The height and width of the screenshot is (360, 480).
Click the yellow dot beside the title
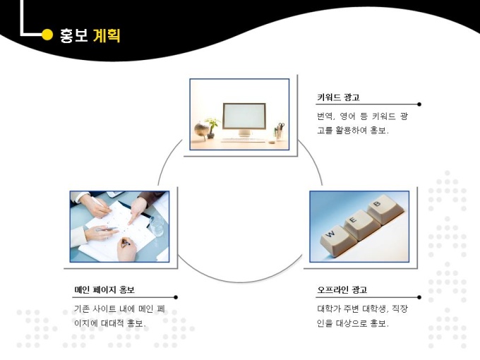coord(47,35)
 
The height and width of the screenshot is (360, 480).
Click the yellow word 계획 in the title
coord(107,36)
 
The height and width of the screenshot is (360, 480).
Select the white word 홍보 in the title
coord(73,36)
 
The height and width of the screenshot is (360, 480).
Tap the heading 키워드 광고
coord(338,97)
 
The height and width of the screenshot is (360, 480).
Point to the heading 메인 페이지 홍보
coord(104,289)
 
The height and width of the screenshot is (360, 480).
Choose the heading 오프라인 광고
coord(342,289)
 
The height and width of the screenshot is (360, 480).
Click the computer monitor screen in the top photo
coord(244,116)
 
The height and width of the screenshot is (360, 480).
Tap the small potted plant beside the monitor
coord(212,128)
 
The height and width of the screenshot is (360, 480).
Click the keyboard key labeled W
coord(335,240)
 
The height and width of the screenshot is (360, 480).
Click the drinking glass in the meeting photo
coord(157,225)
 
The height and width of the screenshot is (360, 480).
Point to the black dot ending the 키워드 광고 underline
coord(419,104)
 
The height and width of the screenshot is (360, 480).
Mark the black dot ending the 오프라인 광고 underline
coord(419,297)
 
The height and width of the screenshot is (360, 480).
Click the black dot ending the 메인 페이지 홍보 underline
coord(176,297)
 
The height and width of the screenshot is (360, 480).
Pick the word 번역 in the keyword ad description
coord(325,116)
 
